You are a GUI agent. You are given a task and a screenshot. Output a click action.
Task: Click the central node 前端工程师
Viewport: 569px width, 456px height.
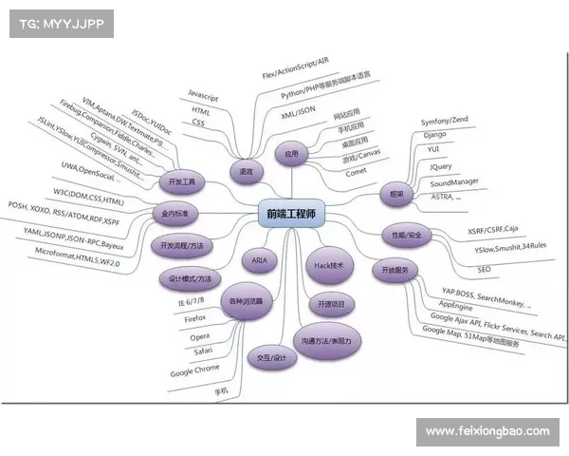pyautogui.click(x=290, y=216)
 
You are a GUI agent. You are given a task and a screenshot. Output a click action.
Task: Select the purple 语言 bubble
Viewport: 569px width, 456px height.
pyautogui.click(x=247, y=172)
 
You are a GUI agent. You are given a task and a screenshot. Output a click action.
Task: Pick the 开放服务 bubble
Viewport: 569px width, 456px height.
pyautogui.click(x=394, y=270)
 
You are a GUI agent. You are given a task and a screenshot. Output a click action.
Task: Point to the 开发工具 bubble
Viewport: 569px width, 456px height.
pyautogui.click(x=180, y=180)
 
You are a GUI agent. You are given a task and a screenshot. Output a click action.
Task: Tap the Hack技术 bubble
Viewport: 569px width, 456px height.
pyautogui.click(x=331, y=265)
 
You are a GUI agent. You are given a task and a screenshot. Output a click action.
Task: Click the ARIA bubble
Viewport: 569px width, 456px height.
pyautogui.click(x=260, y=259)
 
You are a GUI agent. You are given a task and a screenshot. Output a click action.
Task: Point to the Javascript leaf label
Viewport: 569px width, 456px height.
pyautogui.click(x=208, y=96)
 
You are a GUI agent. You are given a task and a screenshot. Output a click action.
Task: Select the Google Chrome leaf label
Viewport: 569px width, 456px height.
pyautogui.click(x=198, y=373)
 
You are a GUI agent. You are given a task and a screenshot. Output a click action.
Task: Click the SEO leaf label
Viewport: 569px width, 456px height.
pyautogui.click(x=485, y=270)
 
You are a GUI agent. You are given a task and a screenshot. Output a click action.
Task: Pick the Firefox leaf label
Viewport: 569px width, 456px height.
pyautogui.click(x=196, y=319)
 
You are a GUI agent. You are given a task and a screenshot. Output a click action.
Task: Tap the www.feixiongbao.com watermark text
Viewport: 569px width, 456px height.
pyautogui.click(x=487, y=431)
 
